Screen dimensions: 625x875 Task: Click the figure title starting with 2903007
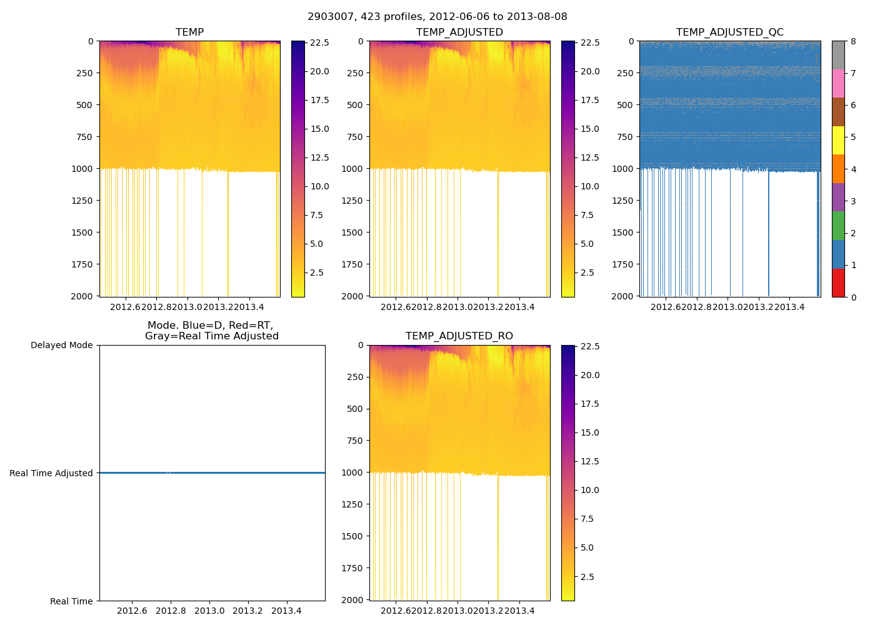click(437, 17)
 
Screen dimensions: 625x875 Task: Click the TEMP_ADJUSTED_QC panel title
click(729, 32)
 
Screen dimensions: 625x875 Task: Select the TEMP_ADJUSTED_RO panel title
click(459, 336)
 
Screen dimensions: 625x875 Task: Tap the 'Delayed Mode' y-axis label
click(61, 346)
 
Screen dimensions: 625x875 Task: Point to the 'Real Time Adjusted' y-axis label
click(51, 473)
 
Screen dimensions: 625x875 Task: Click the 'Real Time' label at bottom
click(71, 601)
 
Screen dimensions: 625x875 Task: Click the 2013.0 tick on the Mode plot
click(209, 611)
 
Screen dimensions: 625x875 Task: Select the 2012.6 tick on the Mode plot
click(132, 611)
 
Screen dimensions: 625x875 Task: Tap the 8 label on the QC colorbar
click(853, 42)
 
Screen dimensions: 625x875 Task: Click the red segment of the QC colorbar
click(838, 283)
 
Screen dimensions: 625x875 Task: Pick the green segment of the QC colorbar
click(838, 226)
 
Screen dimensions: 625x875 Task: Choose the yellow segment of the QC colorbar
click(838, 141)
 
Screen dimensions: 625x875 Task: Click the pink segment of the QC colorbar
click(838, 84)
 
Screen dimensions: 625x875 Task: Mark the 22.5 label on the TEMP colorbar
click(320, 43)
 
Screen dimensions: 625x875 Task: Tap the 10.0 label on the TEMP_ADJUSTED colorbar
click(590, 186)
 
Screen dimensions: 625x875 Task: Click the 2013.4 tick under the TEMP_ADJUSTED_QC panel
click(790, 307)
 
